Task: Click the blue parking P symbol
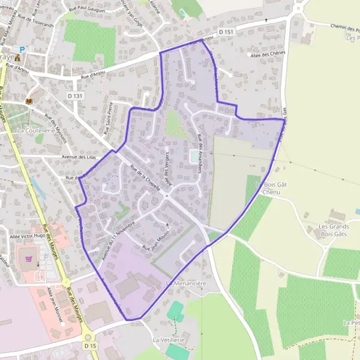tap(22, 50)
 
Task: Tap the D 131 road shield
tap(75, 95)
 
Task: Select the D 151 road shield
tap(226, 31)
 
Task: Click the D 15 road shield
tap(90, 346)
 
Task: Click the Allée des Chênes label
tap(267, 54)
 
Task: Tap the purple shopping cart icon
tap(28, 258)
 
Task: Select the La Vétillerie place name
tap(168, 340)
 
